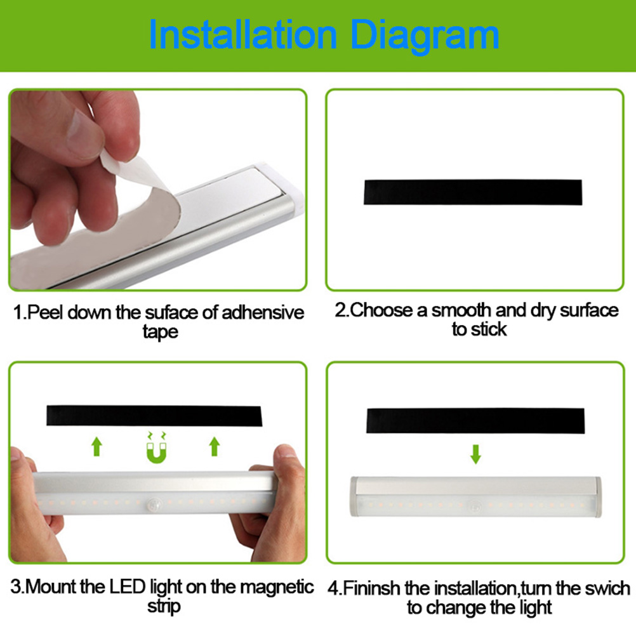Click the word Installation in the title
click(243, 36)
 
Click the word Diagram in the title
click(425, 37)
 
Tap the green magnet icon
click(157, 447)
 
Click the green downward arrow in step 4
click(475, 454)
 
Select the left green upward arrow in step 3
click(96, 446)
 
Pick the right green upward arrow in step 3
click(215, 446)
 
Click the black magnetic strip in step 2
click(473, 192)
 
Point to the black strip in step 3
click(154, 415)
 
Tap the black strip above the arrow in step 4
click(475, 421)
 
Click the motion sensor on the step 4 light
click(475, 507)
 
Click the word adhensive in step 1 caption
click(263, 313)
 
